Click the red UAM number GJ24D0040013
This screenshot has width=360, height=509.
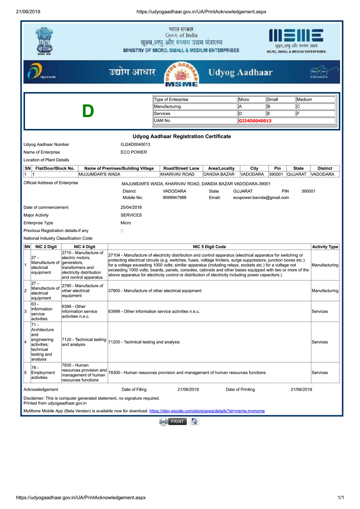tap(255, 121)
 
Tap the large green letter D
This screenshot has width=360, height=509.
tap(88, 111)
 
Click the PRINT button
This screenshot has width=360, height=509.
tap(177, 421)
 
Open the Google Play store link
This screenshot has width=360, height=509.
tap(207, 411)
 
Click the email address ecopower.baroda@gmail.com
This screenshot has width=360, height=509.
tap(261, 198)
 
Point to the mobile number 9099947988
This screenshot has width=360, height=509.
tap(174, 198)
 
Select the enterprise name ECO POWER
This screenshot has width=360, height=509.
tap(134, 152)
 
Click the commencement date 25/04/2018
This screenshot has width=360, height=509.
tap(131, 207)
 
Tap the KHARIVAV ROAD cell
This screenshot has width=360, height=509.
tap(177, 174)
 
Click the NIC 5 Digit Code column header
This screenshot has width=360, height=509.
tap(209, 246)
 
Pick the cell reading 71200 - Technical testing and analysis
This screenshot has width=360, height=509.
tap(144, 342)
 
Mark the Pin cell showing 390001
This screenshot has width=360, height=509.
tap(276, 174)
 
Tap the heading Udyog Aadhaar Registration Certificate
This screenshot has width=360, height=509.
tap(182, 137)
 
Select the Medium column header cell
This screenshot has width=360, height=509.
tap(315, 99)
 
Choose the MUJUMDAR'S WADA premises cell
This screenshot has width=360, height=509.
tap(100, 174)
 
